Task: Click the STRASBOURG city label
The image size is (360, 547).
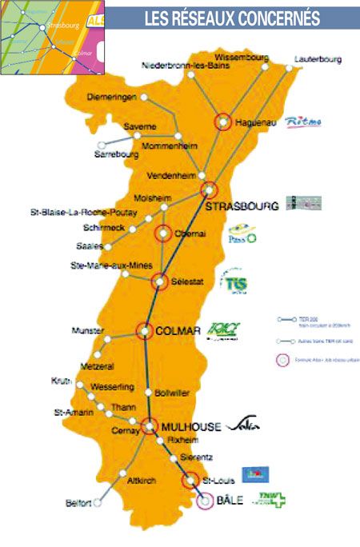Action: [242, 206]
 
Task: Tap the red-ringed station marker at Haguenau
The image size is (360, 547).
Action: [223, 122]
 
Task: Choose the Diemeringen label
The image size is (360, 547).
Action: [111, 98]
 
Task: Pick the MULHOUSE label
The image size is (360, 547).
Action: [191, 428]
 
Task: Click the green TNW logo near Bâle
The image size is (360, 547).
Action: [269, 499]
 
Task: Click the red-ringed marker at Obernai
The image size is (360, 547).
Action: [163, 234]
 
